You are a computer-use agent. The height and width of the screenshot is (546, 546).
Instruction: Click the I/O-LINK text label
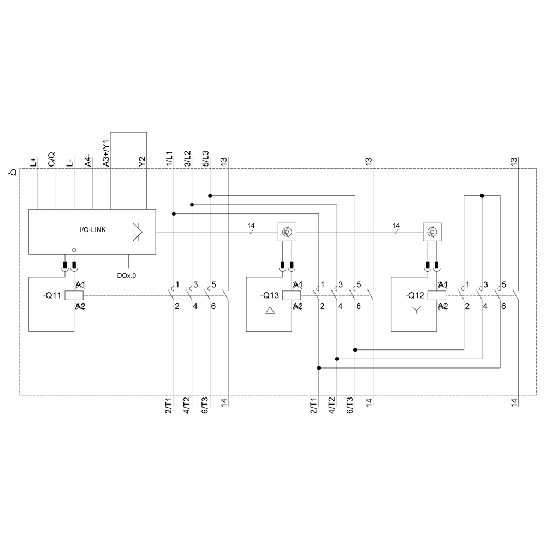[93, 230]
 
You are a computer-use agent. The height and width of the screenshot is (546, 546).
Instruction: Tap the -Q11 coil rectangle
[74, 295]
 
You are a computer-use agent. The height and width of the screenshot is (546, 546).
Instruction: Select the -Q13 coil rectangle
[292, 295]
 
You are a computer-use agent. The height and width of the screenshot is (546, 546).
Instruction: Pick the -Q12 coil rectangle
[437, 295]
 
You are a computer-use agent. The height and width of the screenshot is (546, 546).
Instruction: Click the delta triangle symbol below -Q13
[270, 312]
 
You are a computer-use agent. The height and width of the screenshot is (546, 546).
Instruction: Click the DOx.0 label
[126, 276]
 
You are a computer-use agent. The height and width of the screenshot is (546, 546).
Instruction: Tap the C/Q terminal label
[51, 159]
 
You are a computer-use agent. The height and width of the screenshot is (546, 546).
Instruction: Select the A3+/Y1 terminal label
[107, 152]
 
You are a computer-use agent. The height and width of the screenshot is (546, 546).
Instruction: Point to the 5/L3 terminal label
[205, 158]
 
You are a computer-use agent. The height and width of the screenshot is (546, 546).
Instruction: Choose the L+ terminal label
[33, 162]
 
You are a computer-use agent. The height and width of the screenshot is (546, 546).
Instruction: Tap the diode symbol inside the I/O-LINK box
[137, 232]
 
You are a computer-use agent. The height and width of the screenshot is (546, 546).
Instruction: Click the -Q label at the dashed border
[12, 173]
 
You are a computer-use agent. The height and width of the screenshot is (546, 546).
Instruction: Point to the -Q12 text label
[416, 296]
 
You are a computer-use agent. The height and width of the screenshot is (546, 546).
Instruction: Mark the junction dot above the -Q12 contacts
[482, 195]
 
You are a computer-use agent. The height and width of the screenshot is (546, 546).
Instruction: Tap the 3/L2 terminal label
[187, 158]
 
